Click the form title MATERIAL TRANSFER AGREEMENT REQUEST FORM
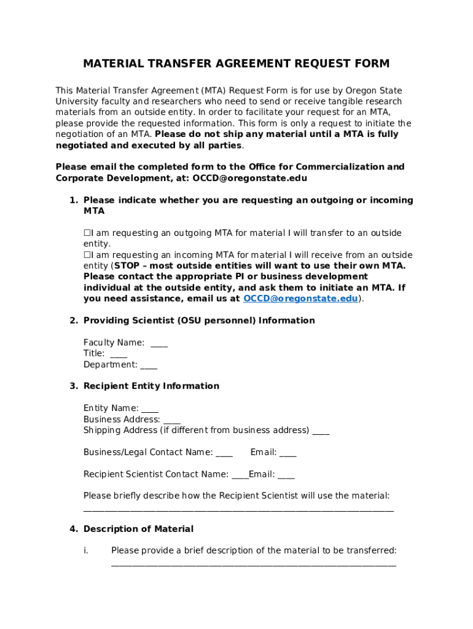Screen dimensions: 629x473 click(237, 64)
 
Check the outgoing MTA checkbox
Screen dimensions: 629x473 click(87, 233)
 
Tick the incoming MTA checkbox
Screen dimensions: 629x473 click(87, 255)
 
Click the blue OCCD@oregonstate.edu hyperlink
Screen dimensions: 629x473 click(300, 299)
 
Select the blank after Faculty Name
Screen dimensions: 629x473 click(159, 343)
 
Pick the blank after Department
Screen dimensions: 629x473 click(149, 365)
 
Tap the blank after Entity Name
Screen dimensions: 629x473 click(150, 408)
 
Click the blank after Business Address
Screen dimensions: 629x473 click(172, 420)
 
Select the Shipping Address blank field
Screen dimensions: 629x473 click(321, 431)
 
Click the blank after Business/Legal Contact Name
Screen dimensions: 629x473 click(224, 453)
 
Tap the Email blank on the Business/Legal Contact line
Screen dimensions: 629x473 click(287, 453)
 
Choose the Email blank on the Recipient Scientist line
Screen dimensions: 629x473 click(286, 475)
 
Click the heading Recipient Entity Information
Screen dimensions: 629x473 click(151, 386)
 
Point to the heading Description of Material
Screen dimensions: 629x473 click(138, 529)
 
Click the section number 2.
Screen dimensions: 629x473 click(73, 321)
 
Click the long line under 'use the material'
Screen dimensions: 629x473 click(238, 509)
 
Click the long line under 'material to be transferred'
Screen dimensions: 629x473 click(253, 564)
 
